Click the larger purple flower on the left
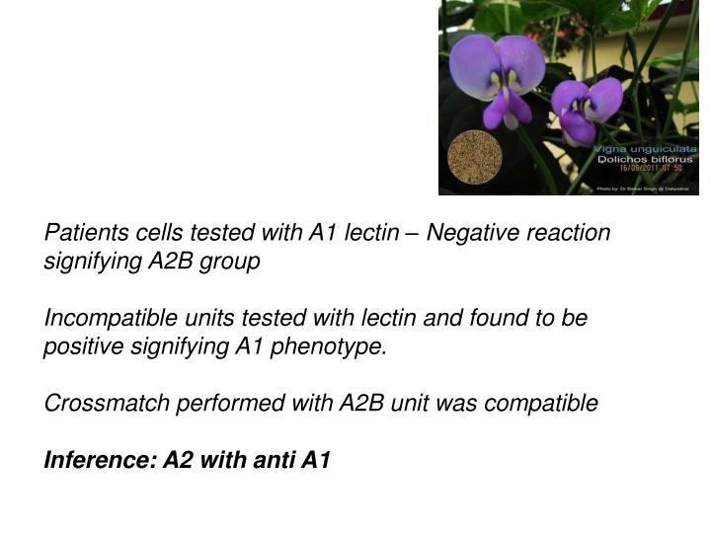tap(499, 74)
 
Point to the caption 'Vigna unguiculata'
tap(644, 147)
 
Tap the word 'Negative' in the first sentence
tap(480, 233)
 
